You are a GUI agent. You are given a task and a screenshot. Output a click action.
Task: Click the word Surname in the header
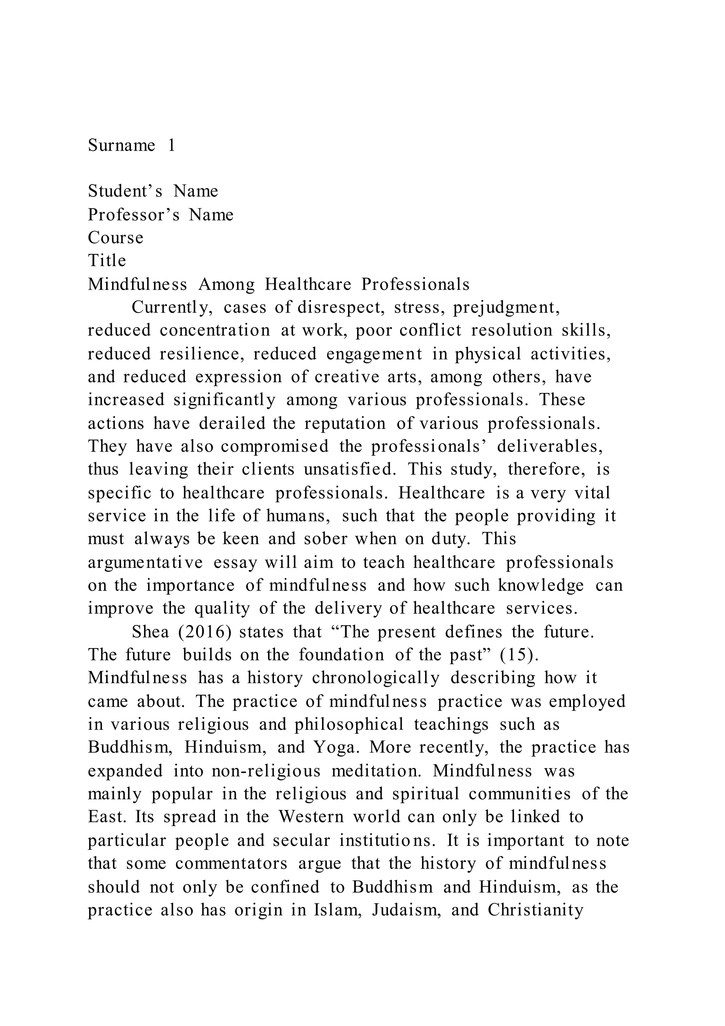point(121,145)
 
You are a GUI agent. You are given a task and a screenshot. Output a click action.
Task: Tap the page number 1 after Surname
point(171,145)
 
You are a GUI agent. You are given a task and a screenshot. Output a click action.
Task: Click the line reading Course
point(116,238)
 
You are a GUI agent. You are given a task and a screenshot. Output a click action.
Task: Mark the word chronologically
point(376,678)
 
